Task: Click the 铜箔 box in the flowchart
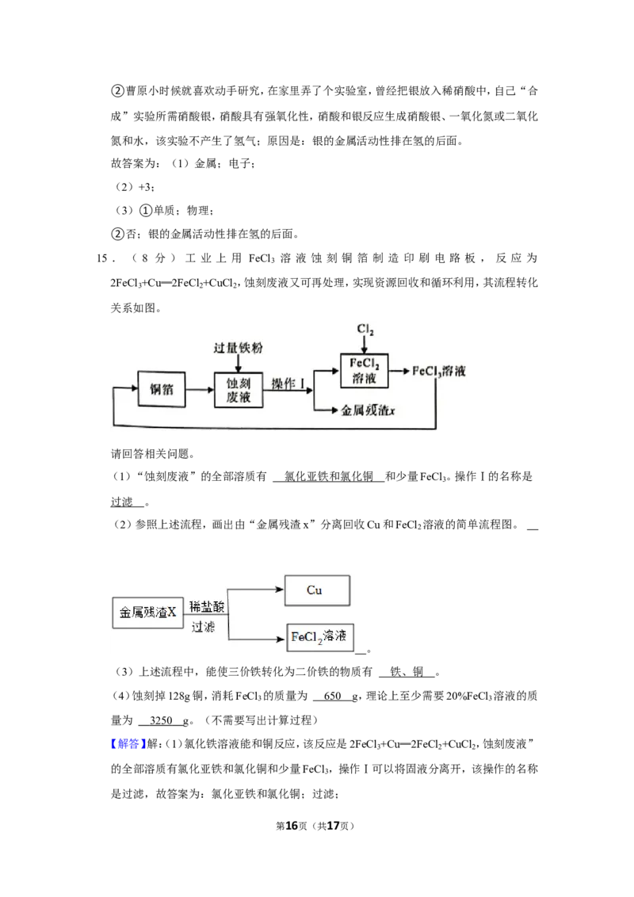coord(162,389)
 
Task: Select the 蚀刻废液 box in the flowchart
coord(238,390)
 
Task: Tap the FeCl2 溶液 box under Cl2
coord(364,370)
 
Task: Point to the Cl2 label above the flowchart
coord(365,330)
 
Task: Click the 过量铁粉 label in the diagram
coord(238,348)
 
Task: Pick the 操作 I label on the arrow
coord(287,384)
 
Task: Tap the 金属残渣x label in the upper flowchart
coord(368,410)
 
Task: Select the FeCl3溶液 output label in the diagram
coord(439,372)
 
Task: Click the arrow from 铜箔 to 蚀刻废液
coord(200,390)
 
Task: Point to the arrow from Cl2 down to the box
coord(365,345)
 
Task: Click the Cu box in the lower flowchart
coord(317,590)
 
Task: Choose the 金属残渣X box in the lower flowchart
coord(147,613)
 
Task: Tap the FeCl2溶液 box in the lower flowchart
coord(320,637)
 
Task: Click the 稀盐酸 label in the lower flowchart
coord(207,606)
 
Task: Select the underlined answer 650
coord(332,696)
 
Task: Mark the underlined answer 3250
coord(161,720)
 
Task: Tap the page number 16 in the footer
coord(292,826)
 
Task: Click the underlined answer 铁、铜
coord(407,672)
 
